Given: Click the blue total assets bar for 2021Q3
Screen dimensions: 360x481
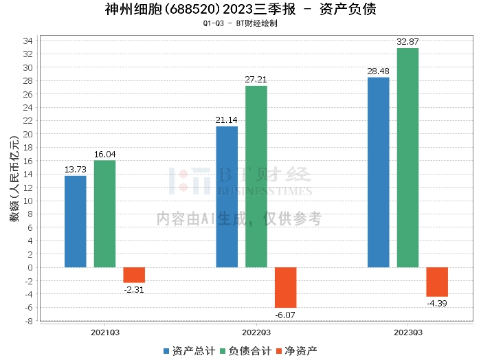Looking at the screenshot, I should point(75,221).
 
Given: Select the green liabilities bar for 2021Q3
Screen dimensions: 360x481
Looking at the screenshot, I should point(104,214).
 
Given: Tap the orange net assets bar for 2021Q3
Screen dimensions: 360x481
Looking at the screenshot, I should point(134,275).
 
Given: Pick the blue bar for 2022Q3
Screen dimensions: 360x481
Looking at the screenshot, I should point(227,196).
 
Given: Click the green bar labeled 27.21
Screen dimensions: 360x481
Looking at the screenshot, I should point(256,177).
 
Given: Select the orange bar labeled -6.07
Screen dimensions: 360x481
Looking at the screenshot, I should point(286,287).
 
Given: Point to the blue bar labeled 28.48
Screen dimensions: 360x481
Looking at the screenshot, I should point(378,172).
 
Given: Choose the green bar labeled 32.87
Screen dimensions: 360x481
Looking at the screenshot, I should point(407,157).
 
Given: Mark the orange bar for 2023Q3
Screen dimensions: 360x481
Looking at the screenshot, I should point(437,282).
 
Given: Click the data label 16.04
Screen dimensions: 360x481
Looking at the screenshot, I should point(104,155).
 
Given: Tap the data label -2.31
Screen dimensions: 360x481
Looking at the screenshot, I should point(133,289).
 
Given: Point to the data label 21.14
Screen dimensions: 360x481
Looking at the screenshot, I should point(227,120).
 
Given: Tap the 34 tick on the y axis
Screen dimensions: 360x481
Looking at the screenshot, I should point(28,41).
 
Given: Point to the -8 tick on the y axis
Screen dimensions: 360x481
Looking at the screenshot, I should point(28,320).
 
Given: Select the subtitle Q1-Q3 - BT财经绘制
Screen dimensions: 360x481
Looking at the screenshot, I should point(240,23).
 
